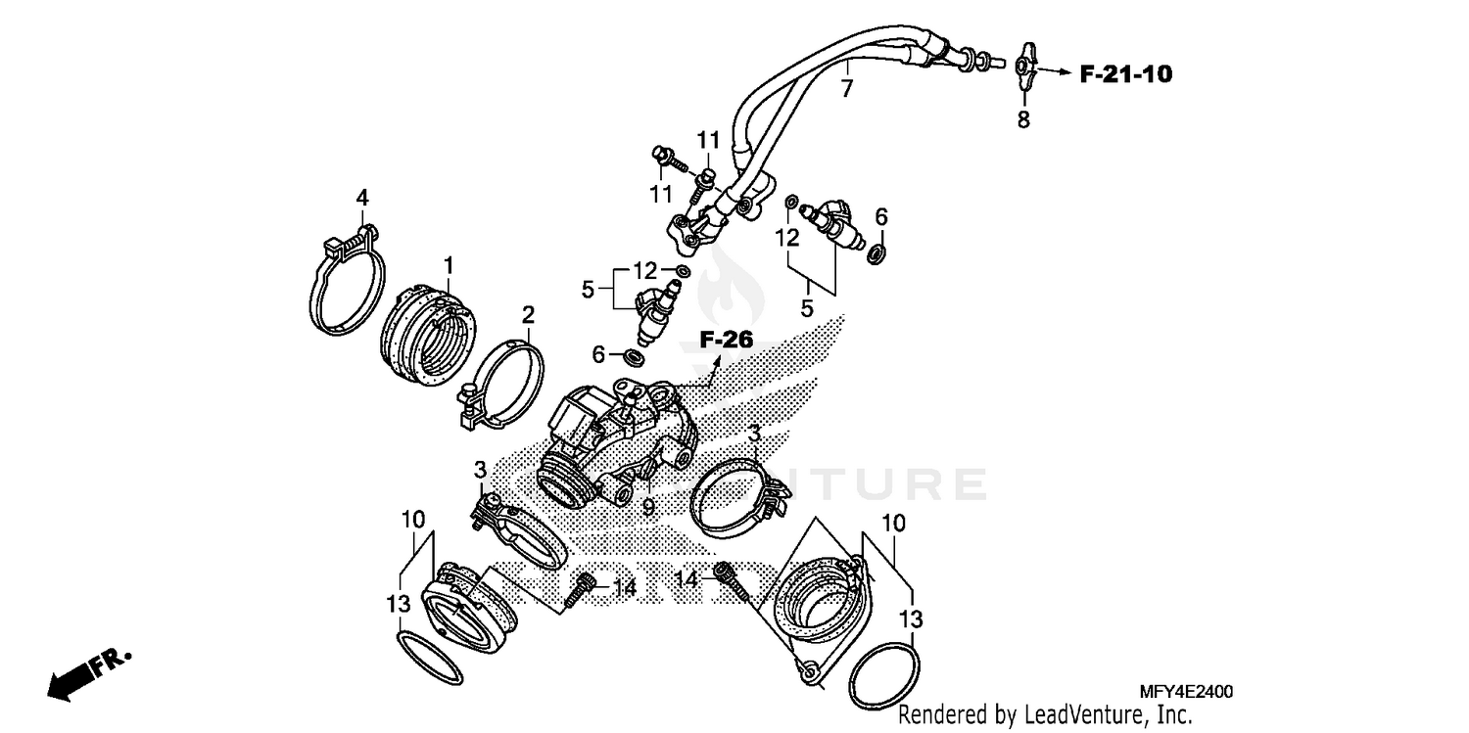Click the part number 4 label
pyautogui.click(x=362, y=198)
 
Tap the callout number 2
pyautogui.click(x=528, y=315)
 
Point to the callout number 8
pyautogui.click(x=1023, y=121)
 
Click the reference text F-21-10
pyautogui.click(x=1126, y=73)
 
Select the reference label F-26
pyautogui.click(x=726, y=342)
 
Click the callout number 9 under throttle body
pyautogui.click(x=647, y=507)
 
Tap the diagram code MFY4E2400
pyautogui.click(x=1186, y=692)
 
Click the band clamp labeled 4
pyautogui.click(x=348, y=284)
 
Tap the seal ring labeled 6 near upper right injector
pyautogui.click(x=877, y=253)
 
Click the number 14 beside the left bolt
pyautogui.click(x=625, y=587)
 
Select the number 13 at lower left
pyautogui.click(x=398, y=605)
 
